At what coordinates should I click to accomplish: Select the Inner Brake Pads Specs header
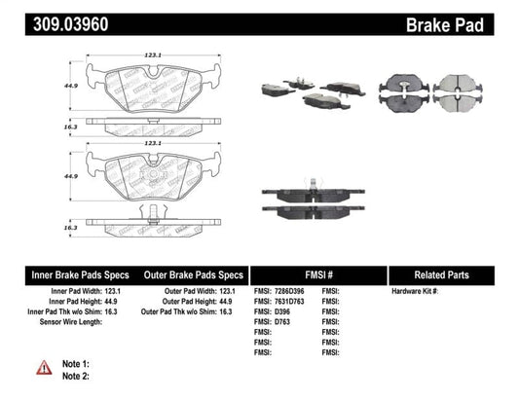(x=70, y=274)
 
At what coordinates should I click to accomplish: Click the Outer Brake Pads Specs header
(x=194, y=274)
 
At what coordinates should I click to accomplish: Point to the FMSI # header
(x=317, y=274)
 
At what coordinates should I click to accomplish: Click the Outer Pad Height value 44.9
(x=235, y=303)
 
